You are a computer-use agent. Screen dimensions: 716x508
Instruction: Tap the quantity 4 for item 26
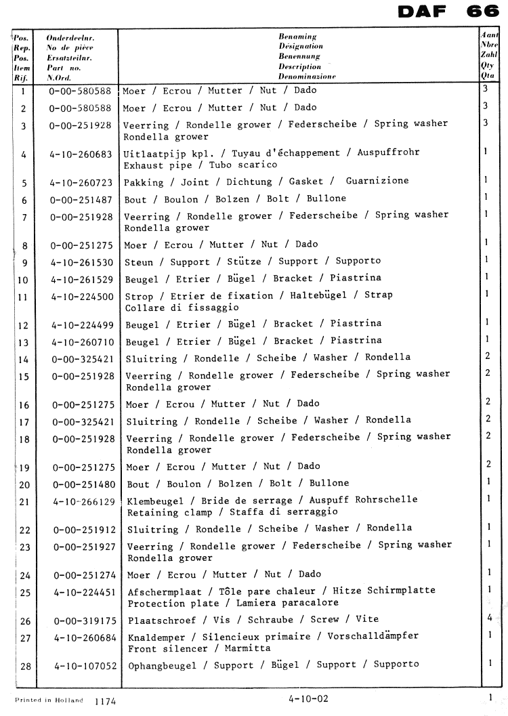488,617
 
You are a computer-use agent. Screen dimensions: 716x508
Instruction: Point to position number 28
26,667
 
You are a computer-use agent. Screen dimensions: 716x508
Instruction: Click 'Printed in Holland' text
49,700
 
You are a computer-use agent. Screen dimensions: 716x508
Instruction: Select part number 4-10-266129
84,501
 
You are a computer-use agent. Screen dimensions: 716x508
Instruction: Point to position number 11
24,297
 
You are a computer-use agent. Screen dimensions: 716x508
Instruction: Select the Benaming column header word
298,36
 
